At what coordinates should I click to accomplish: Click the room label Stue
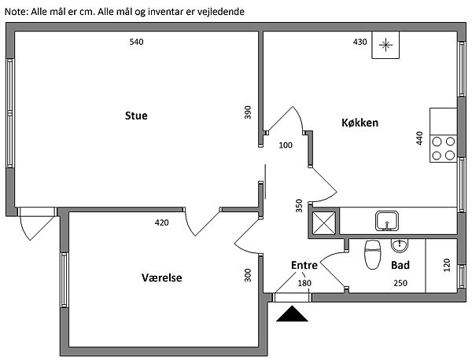point(136,116)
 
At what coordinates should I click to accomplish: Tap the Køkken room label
point(361,123)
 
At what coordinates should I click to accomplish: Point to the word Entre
point(304,266)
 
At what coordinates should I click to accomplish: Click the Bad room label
point(400,266)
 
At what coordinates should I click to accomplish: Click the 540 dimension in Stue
point(136,42)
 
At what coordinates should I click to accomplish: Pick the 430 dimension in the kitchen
point(360,42)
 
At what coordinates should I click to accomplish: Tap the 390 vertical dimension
point(248,112)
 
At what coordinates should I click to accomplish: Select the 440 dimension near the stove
point(419,138)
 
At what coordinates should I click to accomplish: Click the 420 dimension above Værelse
point(161,222)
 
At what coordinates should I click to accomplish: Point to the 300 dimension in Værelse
point(248,275)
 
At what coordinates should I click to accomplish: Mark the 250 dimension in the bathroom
point(400,283)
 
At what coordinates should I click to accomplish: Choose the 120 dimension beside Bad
point(445,265)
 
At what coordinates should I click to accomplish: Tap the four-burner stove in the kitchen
point(443,148)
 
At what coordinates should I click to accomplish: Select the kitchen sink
point(386,219)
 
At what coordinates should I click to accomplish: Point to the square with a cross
point(324,222)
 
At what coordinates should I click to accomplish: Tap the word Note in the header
point(16,13)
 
